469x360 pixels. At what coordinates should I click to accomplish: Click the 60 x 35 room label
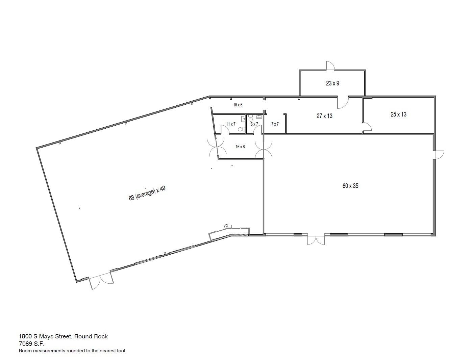(x=350, y=186)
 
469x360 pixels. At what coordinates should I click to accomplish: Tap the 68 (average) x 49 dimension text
(x=147, y=193)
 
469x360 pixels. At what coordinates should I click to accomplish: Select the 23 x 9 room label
(x=332, y=83)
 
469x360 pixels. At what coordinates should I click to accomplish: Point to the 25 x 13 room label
(x=398, y=114)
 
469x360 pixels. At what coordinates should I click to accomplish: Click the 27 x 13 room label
(x=324, y=116)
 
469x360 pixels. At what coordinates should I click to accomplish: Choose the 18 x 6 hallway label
(x=238, y=105)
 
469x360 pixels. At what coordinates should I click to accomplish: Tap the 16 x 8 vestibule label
(x=240, y=147)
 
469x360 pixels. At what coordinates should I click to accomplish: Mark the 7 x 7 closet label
(x=275, y=124)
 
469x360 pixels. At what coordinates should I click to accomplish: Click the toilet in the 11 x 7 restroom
(x=241, y=129)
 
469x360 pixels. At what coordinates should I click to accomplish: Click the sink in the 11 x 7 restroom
(x=243, y=119)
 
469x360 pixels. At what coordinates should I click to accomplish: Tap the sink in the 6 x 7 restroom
(x=258, y=117)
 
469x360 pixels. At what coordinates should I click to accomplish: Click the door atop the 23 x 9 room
(x=330, y=66)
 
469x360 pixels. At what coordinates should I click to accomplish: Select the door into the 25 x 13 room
(x=367, y=127)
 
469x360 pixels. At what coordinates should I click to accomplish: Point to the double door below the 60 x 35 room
(x=316, y=240)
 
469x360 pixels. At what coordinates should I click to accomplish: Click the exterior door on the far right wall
(x=439, y=155)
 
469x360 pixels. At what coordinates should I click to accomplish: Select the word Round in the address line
(x=81, y=336)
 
